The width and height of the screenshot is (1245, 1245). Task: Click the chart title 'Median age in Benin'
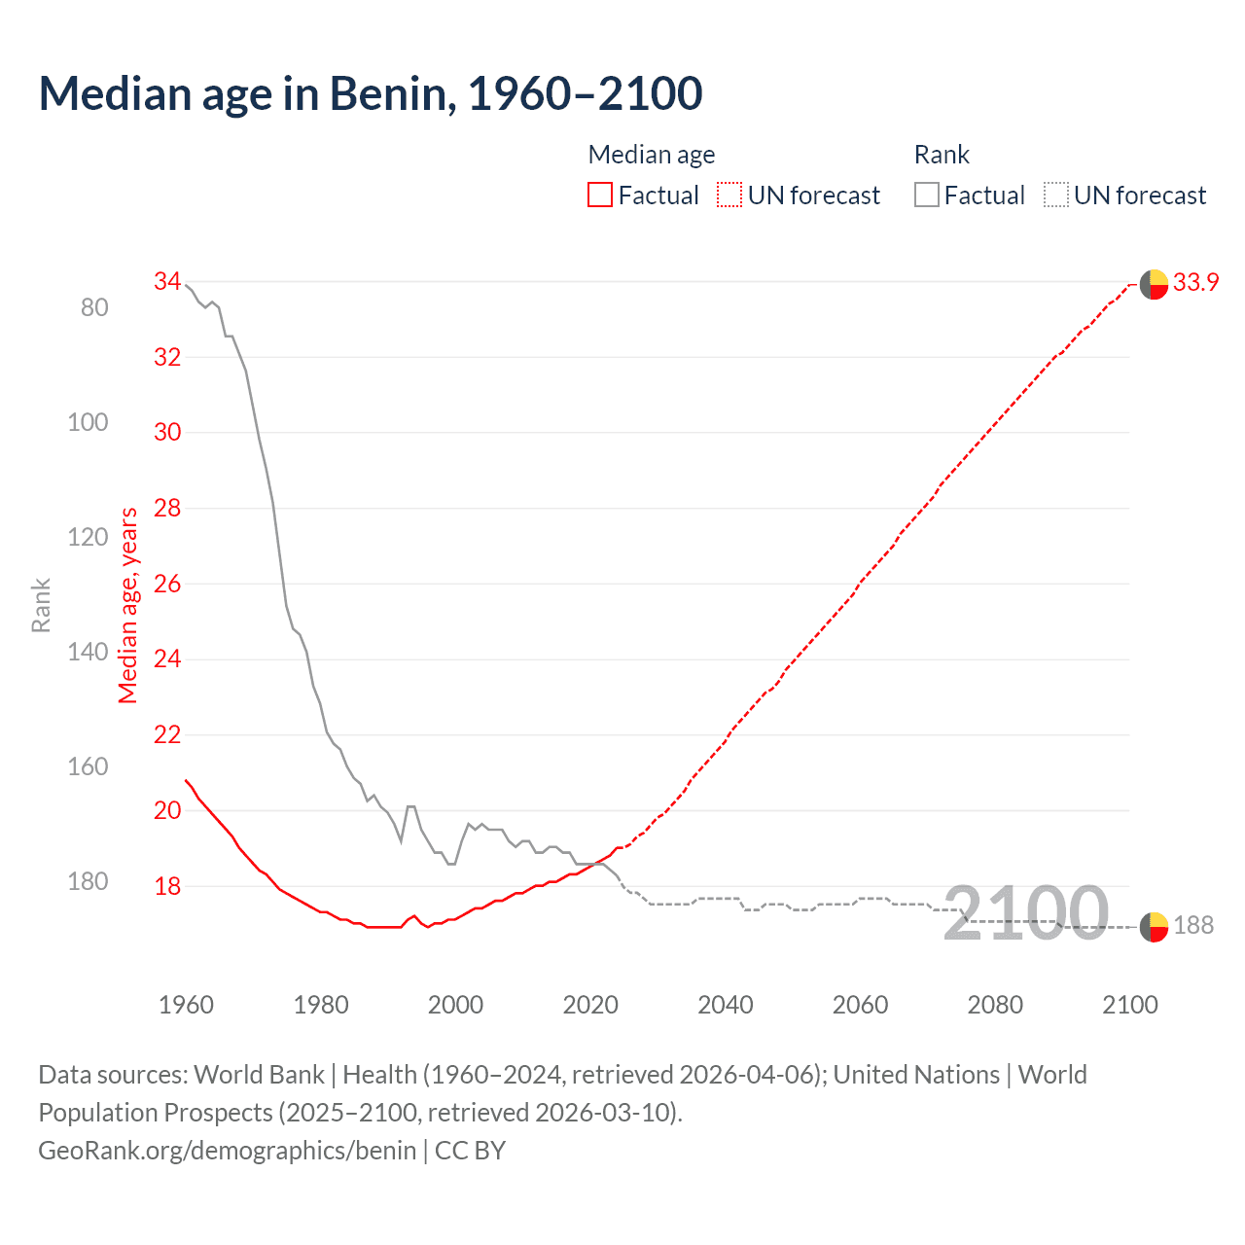(370, 94)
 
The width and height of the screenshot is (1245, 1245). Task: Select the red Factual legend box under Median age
(600, 196)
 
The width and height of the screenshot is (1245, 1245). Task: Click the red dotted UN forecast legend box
(729, 196)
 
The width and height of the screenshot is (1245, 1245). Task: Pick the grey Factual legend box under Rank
(927, 196)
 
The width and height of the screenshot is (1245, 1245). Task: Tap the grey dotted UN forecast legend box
(1056, 196)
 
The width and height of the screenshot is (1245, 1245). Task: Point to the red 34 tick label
(167, 282)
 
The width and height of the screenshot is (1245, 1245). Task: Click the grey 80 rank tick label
(94, 308)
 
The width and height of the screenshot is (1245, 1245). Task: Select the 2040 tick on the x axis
(725, 1005)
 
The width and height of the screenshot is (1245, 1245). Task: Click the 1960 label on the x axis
(186, 1005)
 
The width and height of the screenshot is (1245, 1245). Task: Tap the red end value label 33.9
(1195, 283)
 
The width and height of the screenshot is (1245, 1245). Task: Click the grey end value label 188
(1193, 926)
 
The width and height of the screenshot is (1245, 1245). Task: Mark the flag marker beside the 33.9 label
(1154, 284)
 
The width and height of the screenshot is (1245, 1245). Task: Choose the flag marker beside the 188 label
(1154, 927)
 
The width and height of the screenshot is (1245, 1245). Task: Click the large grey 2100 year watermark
(1026, 913)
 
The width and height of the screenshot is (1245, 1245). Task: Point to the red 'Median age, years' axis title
(128, 605)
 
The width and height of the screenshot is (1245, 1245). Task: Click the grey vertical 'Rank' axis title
(41, 605)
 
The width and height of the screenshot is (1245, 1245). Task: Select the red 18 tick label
(167, 886)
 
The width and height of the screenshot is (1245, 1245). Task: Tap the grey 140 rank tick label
(88, 652)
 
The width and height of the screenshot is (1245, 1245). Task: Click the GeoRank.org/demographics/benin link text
(227, 1151)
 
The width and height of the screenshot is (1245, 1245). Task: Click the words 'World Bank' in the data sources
(259, 1075)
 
